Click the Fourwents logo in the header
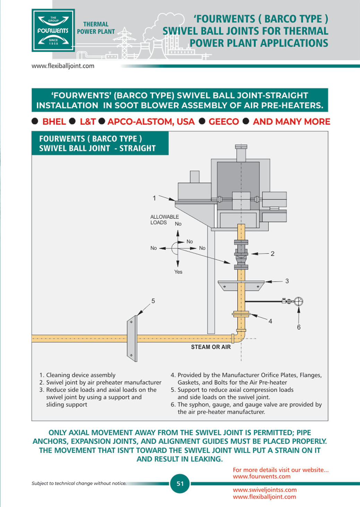[x=53, y=31]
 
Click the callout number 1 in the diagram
[x=154, y=198]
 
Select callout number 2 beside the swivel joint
[x=273, y=254]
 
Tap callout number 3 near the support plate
[x=287, y=281]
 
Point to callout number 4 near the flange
[x=270, y=321]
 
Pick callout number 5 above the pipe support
[x=153, y=301]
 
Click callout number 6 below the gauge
[x=299, y=327]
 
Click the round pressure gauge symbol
[x=298, y=301]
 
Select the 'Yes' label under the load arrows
[x=178, y=272]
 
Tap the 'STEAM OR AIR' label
[x=211, y=347]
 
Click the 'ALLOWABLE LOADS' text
[x=164, y=220]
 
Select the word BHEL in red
[x=54, y=122]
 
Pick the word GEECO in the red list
[x=224, y=122]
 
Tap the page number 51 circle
[x=180, y=483]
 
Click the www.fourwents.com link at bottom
[x=262, y=476]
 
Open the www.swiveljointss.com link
[x=265, y=490]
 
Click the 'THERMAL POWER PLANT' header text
[x=96, y=28]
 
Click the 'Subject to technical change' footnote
[x=79, y=483]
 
